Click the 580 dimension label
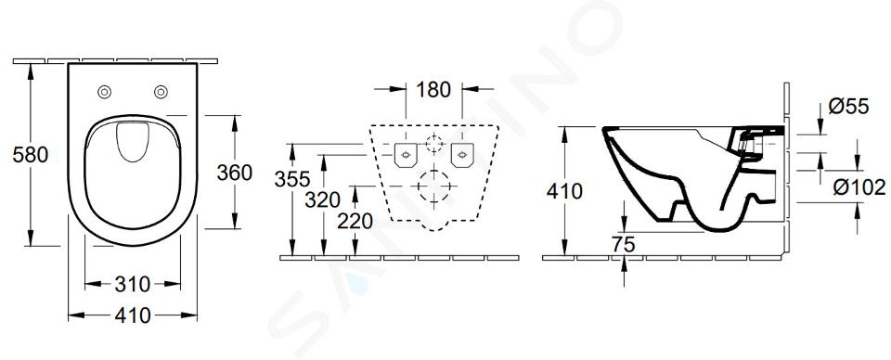click(x=31, y=154)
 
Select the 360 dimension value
click(x=234, y=173)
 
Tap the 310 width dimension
click(x=133, y=283)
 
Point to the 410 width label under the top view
click(x=133, y=315)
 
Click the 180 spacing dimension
click(x=433, y=90)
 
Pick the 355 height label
click(x=292, y=179)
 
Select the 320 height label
click(x=322, y=199)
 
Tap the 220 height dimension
click(x=355, y=221)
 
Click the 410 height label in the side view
click(x=564, y=191)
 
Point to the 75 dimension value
click(x=624, y=245)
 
